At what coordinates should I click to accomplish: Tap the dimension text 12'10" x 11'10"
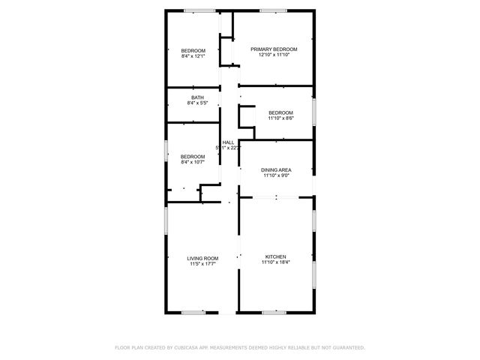[274, 55]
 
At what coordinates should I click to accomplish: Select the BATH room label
[196, 97]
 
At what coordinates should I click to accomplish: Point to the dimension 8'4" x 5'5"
[196, 103]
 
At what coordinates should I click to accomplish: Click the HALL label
[228, 142]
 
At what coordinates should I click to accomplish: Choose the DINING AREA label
[276, 170]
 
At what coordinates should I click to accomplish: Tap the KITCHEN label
[275, 257]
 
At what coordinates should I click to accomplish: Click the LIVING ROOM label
[202, 259]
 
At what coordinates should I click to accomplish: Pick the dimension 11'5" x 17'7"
[202, 264]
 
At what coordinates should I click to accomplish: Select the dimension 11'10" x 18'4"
[275, 262]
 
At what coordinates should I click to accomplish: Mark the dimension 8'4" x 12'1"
[193, 55]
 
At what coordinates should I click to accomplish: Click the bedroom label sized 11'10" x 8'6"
[280, 112]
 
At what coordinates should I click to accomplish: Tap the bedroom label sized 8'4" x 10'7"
[193, 156]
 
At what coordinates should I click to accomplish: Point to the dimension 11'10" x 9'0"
[276, 175]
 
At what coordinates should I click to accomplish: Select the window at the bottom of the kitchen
[273, 311]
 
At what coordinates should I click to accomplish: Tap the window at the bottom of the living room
[193, 311]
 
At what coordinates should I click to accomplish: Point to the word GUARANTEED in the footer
[349, 348]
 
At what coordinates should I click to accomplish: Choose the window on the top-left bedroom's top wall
[199, 10]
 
